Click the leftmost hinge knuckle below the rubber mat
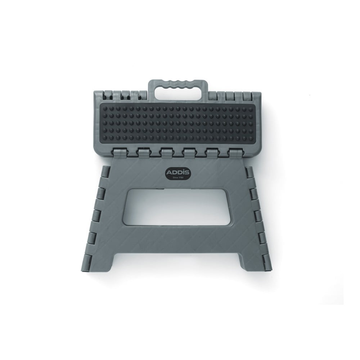point(120,153)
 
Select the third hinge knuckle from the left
point(167,153)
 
